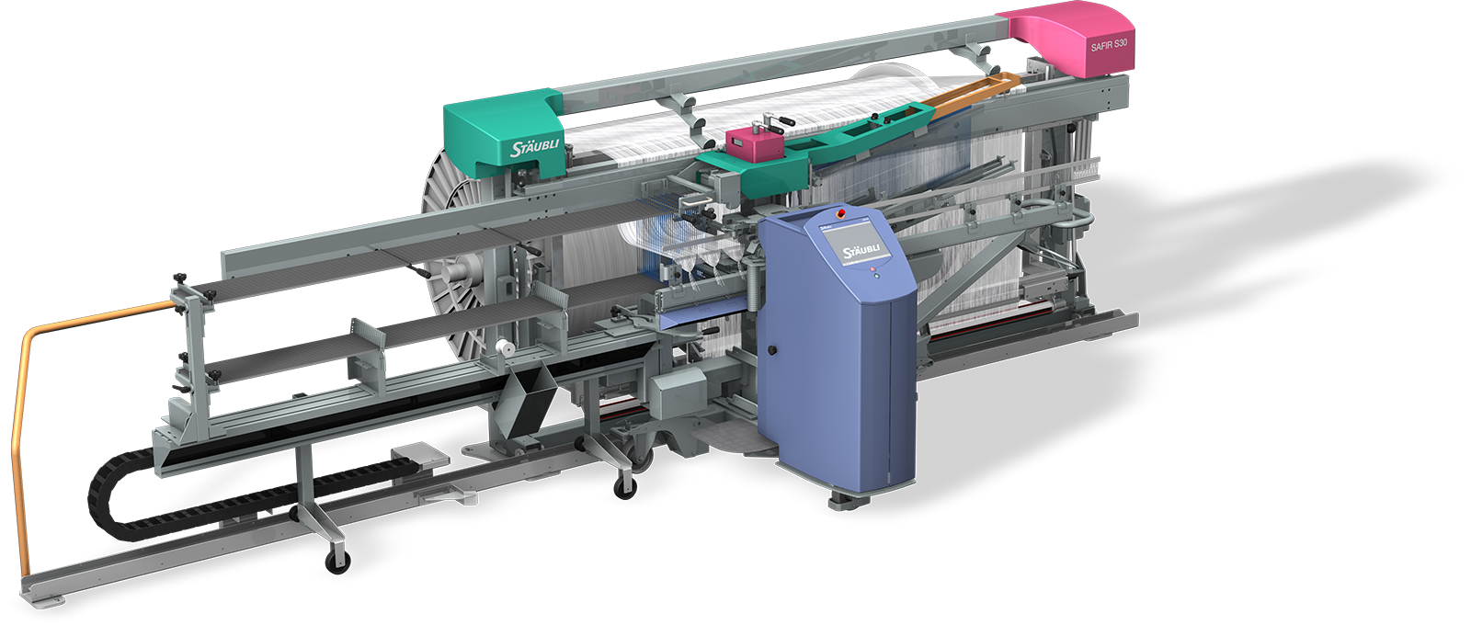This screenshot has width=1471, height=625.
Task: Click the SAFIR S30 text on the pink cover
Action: click(x=1109, y=45)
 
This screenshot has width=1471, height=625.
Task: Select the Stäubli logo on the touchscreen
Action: click(x=861, y=252)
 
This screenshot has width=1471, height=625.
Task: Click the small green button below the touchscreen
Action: click(x=877, y=277)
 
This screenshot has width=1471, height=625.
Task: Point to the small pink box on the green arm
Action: click(x=754, y=143)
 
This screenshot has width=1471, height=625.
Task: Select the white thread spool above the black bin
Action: click(x=504, y=348)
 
